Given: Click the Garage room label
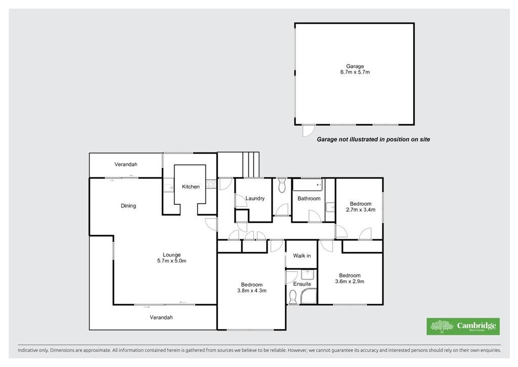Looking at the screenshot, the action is click(x=355, y=66).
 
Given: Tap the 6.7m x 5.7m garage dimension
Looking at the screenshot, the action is click(x=355, y=72).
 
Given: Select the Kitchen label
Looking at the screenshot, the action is click(x=191, y=187).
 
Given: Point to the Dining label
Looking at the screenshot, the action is click(x=128, y=206).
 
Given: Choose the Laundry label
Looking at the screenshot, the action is click(x=255, y=199).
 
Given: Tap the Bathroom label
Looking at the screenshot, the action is click(x=309, y=199).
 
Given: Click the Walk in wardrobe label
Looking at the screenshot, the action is click(x=301, y=256).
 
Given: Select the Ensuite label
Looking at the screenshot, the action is click(x=302, y=284).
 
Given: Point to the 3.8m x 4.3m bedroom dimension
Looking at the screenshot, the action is click(x=252, y=290).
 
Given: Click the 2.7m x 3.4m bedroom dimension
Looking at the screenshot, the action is click(x=360, y=209).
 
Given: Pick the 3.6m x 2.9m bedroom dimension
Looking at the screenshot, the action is click(x=350, y=281).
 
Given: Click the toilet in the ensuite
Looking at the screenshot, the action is click(x=293, y=297).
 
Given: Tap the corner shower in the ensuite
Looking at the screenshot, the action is click(x=309, y=296).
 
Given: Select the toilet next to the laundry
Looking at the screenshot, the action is click(x=282, y=186).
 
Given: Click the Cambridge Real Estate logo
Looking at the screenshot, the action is click(x=463, y=326).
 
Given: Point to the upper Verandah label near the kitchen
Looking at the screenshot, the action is click(x=126, y=164).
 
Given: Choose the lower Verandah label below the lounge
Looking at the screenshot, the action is click(x=161, y=317).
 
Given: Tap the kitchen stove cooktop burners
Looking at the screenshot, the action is click(x=211, y=184).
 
